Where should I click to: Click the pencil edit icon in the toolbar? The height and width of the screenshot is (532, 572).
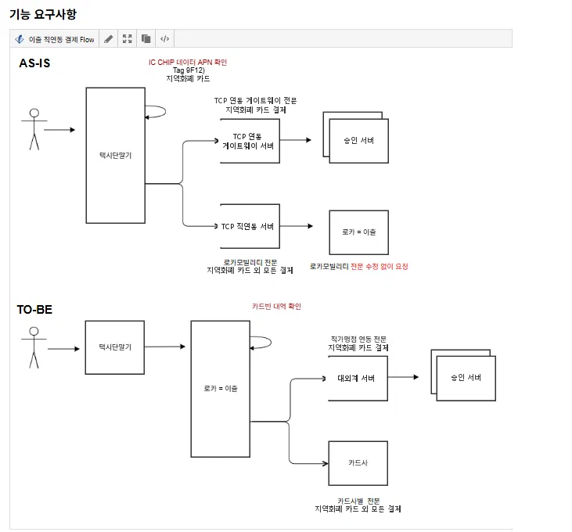tap(108, 38)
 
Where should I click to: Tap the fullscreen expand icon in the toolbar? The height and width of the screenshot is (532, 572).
tap(128, 38)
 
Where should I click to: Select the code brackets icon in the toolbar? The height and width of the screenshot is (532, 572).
tap(165, 38)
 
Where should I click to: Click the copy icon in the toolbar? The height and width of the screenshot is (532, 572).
tap(146, 38)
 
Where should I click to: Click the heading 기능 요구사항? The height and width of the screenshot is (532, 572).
tap(43, 14)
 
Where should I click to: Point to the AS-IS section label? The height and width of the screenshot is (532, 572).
tap(34, 63)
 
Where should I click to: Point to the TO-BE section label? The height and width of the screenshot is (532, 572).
tap(34, 310)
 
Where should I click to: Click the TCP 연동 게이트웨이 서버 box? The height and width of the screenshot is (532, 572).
tap(250, 141)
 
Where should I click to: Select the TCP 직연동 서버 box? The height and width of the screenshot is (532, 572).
tap(250, 226)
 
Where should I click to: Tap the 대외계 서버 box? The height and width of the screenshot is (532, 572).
tap(358, 379)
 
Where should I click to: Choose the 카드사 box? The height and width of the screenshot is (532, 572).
tap(358, 463)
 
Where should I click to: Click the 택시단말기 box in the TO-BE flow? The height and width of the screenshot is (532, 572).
tap(115, 347)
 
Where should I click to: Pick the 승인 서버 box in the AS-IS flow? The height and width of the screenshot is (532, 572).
tap(356, 138)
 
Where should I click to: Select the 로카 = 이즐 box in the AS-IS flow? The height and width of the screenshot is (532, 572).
tap(359, 232)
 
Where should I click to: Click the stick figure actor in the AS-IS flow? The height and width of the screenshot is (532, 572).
tap(34, 129)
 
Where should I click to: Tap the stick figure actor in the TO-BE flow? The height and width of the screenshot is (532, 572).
tap(34, 347)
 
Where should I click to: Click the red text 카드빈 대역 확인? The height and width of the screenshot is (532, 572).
tap(276, 307)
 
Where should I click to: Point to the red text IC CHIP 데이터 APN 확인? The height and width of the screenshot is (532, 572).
tap(188, 63)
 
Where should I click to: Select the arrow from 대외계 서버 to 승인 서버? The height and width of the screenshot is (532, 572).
tap(403, 377)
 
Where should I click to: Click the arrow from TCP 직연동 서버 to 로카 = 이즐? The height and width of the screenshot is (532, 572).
tap(297, 226)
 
